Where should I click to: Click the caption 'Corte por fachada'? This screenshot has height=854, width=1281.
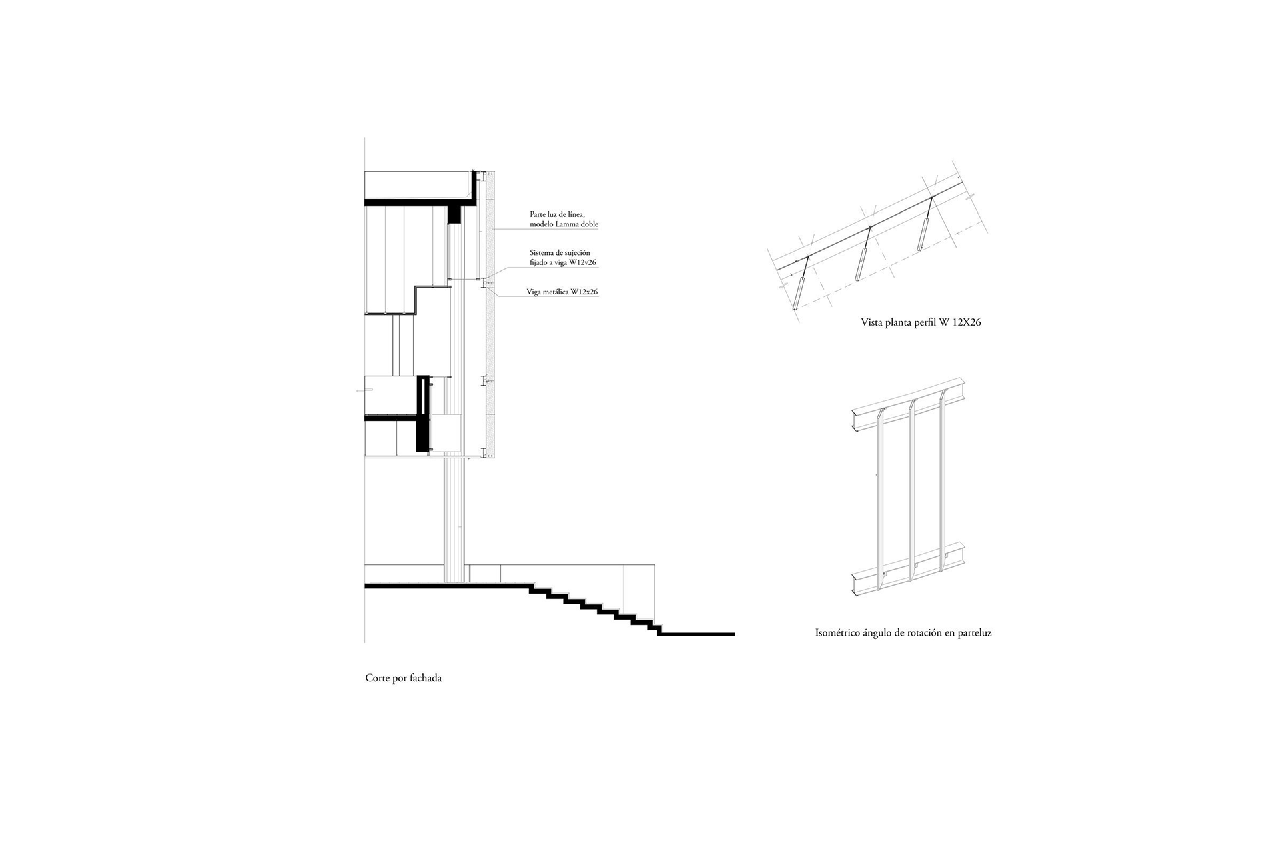point(403,678)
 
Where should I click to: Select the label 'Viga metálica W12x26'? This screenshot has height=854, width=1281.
point(562,292)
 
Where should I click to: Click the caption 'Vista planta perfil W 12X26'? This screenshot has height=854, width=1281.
point(921,322)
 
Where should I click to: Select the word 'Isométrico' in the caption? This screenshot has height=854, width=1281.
point(837,633)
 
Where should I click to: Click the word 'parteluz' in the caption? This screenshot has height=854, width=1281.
point(975,633)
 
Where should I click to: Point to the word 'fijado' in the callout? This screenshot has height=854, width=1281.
point(539,263)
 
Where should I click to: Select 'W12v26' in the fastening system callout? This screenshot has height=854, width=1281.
point(583,263)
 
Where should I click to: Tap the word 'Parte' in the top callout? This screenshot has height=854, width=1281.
point(538,214)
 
